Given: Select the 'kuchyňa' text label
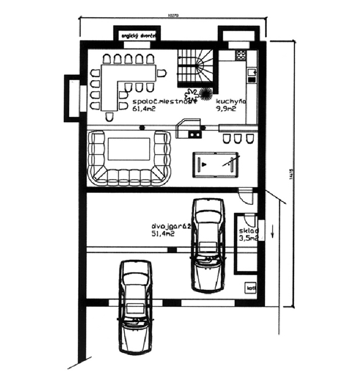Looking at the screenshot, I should point(231,101).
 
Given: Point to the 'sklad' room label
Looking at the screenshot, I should point(249,231).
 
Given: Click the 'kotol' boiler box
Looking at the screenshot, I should point(251,288).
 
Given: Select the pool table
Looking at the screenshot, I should point(216,164).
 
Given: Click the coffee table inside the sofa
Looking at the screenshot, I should point(129,149).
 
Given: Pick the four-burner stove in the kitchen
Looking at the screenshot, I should point(241,56).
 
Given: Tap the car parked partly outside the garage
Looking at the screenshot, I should point(136,306).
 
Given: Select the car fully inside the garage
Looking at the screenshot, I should point(208,245).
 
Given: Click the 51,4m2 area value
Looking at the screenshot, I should point(163,234).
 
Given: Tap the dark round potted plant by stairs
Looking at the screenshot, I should point(206,93).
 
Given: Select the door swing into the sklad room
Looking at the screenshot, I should point(251,220).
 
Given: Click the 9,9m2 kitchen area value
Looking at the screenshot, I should point(226,109).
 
